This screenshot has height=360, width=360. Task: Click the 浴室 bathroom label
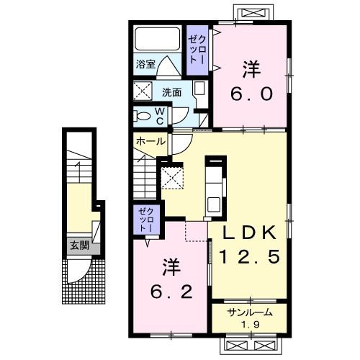pyautogui.click(x=145, y=64)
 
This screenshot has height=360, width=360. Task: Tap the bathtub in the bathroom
pyautogui.click(x=158, y=39)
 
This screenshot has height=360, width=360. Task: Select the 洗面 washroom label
pyautogui.click(x=172, y=92)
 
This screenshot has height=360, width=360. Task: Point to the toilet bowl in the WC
pyautogui.click(x=142, y=117)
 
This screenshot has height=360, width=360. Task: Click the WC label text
pyautogui.click(x=160, y=116)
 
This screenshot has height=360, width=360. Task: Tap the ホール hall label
pyautogui.click(x=151, y=142)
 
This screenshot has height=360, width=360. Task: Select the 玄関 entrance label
pyautogui.click(x=80, y=246)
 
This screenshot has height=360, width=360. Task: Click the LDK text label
pyautogui.click(x=249, y=233)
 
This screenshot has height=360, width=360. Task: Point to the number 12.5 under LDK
pyautogui.click(x=250, y=256)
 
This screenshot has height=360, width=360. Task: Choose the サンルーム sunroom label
pyautogui.click(x=250, y=312)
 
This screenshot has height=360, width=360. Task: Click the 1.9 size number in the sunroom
pyautogui.click(x=251, y=325)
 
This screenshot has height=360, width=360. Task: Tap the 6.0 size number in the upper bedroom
pyautogui.click(x=252, y=94)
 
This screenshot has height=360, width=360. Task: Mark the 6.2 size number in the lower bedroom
pyautogui.click(x=171, y=292)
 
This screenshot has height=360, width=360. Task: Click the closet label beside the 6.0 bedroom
pyautogui.click(x=197, y=50)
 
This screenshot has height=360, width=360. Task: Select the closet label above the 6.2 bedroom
pyautogui.click(x=146, y=220)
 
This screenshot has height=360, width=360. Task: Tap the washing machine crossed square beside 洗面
pyautogui.click(x=143, y=91)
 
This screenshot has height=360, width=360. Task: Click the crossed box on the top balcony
pyautogui.click(x=253, y=13)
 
